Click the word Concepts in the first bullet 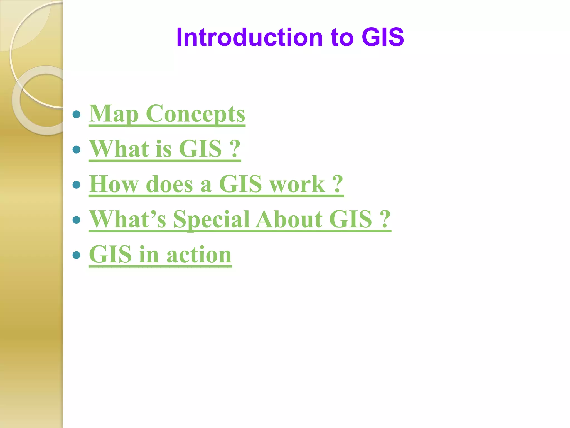point(195,114)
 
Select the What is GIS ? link point(164,149)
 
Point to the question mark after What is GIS point(235,149)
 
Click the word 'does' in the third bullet point(169,184)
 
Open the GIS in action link point(160,254)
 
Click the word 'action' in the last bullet point(199,255)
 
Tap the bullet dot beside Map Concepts point(76,114)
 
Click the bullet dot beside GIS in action point(76,255)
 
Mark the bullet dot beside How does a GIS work point(76,184)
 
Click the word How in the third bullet point(114,184)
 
